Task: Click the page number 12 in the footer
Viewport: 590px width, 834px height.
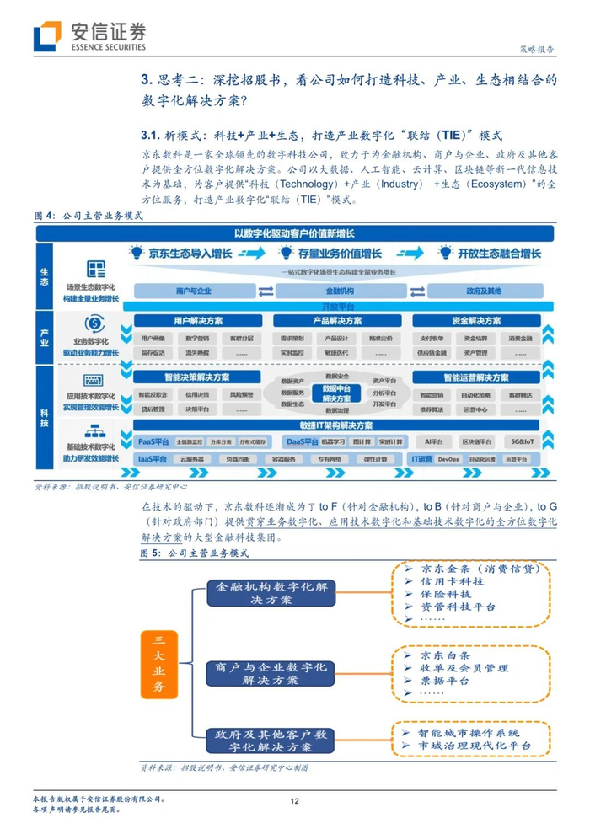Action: click(x=295, y=801)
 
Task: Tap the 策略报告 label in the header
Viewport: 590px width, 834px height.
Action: click(x=534, y=50)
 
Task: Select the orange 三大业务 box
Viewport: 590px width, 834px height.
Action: click(x=158, y=664)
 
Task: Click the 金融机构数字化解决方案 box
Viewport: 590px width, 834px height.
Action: click(x=263, y=592)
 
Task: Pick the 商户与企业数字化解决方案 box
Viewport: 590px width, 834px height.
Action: click(x=263, y=672)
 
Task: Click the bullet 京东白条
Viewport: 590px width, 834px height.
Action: click(x=446, y=655)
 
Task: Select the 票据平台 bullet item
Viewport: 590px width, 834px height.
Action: click(x=446, y=681)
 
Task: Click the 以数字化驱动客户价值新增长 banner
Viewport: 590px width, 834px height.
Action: click(x=294, y=233)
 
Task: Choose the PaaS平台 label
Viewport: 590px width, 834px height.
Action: click(x=153, y=441)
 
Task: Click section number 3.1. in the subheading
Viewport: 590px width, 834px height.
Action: click(x=151, y=135)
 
